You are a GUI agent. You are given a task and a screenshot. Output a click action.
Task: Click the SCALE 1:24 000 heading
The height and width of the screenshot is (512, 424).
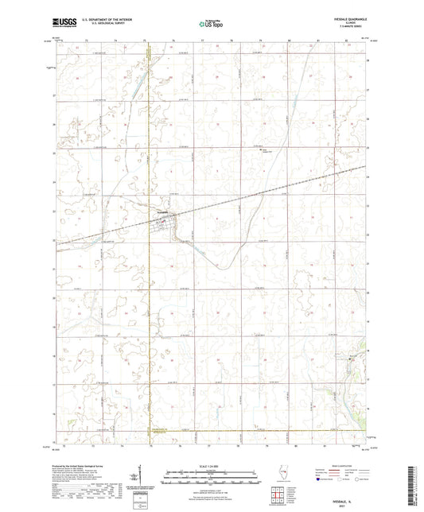click(x=211, y=466)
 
